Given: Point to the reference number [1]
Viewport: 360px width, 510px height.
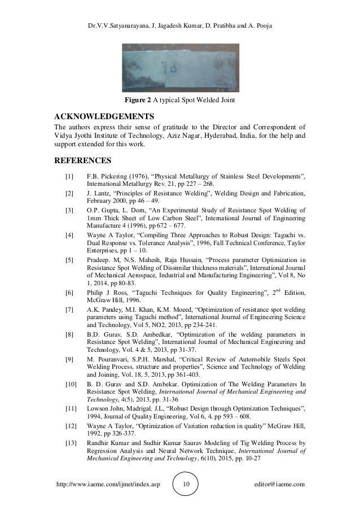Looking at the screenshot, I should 69,177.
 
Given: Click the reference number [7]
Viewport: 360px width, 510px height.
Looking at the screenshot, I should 69,310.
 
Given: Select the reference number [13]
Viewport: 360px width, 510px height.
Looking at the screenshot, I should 71,443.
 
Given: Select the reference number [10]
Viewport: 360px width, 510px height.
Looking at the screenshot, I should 71,384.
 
